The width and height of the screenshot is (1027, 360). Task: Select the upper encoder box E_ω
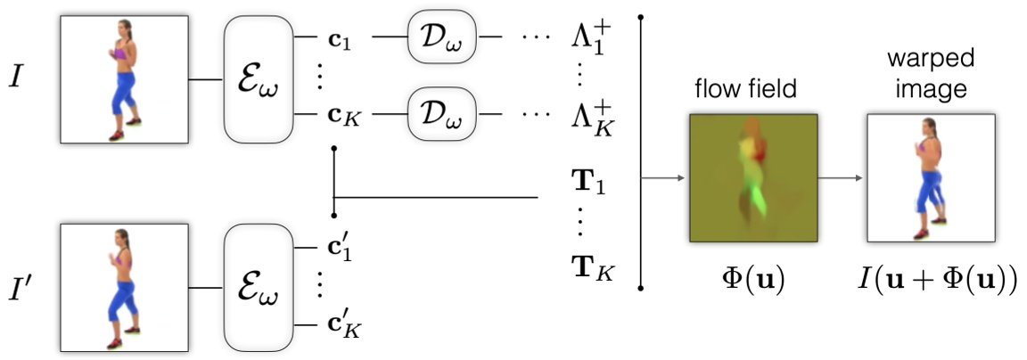258,80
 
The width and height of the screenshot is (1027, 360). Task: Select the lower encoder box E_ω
258,286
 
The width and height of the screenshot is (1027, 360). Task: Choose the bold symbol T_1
587,189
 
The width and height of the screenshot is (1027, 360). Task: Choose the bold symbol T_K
589,266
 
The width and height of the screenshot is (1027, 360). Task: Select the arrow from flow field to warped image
842,177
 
